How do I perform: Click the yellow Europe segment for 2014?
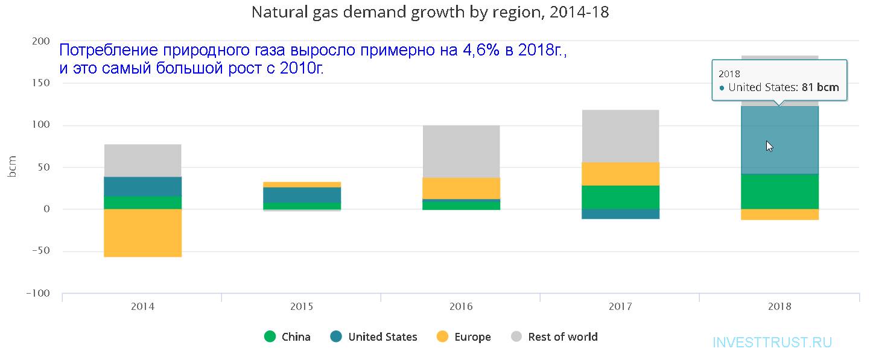142,233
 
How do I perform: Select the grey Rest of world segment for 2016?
461,151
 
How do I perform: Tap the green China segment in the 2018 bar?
780,191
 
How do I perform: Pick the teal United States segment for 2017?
620,214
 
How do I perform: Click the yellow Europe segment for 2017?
620,174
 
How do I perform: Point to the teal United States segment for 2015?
302,195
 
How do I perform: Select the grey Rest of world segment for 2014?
142,160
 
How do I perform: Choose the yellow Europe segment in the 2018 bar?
780,215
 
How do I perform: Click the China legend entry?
288,337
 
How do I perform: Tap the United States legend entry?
374,337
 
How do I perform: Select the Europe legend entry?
463,337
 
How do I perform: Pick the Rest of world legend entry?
554,337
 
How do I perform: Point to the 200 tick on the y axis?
40,42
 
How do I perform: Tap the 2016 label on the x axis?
461,306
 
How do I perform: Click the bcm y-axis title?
13,167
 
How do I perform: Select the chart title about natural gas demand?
430,12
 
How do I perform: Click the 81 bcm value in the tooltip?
820,87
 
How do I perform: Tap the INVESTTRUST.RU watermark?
772,343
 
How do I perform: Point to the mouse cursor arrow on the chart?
769,146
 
